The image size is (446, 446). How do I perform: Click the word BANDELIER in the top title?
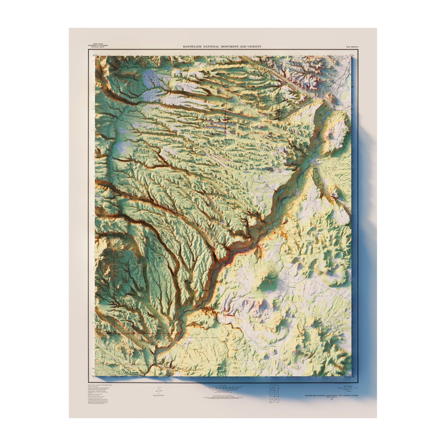[x=192, y=47]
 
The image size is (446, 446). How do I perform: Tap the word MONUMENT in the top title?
[x=230, y=47]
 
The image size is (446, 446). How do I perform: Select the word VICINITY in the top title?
[x=254, y=47]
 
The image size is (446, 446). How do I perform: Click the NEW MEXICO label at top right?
[x=352, y=47]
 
